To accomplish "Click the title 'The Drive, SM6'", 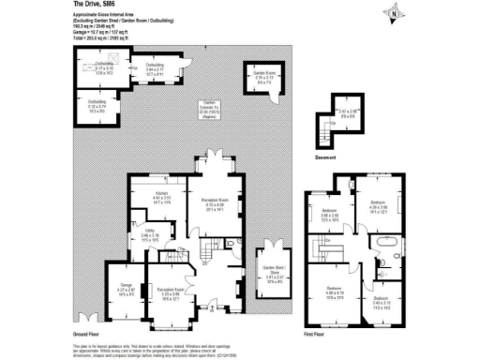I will (95, 6).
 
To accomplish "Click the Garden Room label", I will (262, 72).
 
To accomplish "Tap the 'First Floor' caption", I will (315, 333).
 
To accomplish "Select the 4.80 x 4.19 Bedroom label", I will (333, 289).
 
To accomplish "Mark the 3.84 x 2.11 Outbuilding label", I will (156, 66).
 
